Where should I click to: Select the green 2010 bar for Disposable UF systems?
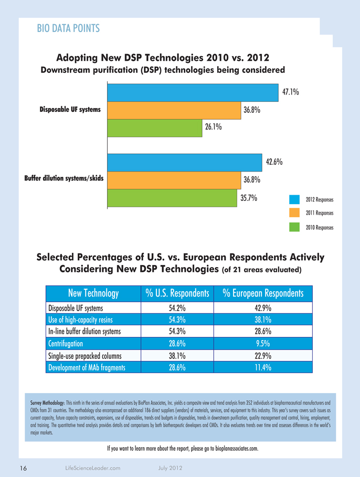(154, 128)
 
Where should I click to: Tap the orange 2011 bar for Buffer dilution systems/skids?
(173, 179)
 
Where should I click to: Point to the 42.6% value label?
(274, 162)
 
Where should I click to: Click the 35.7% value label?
(248, 198)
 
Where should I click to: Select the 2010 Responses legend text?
(320, 228)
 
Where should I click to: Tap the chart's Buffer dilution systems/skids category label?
(64, 178)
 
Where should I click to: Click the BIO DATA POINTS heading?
(68, 28)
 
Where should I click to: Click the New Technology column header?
(93, 293)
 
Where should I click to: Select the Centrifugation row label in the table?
(66, 344)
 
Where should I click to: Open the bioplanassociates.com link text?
(237, 448)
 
